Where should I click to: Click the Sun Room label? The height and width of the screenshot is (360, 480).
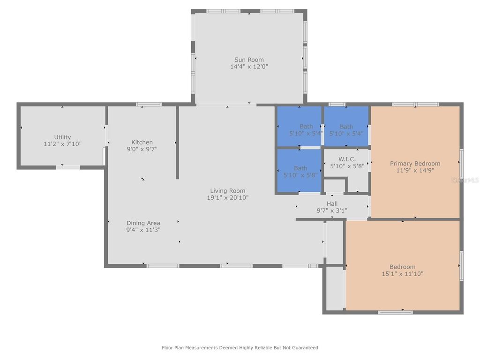point(249,60)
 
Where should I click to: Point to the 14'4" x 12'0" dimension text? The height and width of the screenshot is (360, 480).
point(249,67)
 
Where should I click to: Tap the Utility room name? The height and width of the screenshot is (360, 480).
point(62,137)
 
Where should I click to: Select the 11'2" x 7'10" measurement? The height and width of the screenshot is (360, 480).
point(62,144)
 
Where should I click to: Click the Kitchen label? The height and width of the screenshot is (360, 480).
point(142,142)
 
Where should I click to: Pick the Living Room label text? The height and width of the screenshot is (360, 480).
point(228,191)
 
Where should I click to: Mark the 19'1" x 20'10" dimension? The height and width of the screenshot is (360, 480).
point(228,198)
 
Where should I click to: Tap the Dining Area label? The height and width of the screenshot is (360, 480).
point(143,223)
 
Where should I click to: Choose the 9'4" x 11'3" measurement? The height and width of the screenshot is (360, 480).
point(143,230)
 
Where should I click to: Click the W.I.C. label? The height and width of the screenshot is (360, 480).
point(346,159)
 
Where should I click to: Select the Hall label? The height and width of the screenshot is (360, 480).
point(332,203)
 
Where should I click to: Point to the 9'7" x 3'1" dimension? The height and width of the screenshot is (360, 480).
point(332,210)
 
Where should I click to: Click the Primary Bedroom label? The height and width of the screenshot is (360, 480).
point(415,164)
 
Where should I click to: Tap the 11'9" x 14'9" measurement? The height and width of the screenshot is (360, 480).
point(415,171)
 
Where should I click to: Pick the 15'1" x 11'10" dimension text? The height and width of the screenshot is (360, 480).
point(402,274)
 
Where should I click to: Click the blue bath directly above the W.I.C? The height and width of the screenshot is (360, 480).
point(346,127)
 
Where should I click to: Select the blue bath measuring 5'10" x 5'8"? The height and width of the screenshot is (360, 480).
point(300,171)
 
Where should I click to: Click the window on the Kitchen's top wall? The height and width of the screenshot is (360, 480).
point(149,105)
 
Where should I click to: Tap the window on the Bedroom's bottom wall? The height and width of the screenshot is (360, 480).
point(395,312)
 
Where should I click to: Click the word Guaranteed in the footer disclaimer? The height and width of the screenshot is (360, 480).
point(305,348)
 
